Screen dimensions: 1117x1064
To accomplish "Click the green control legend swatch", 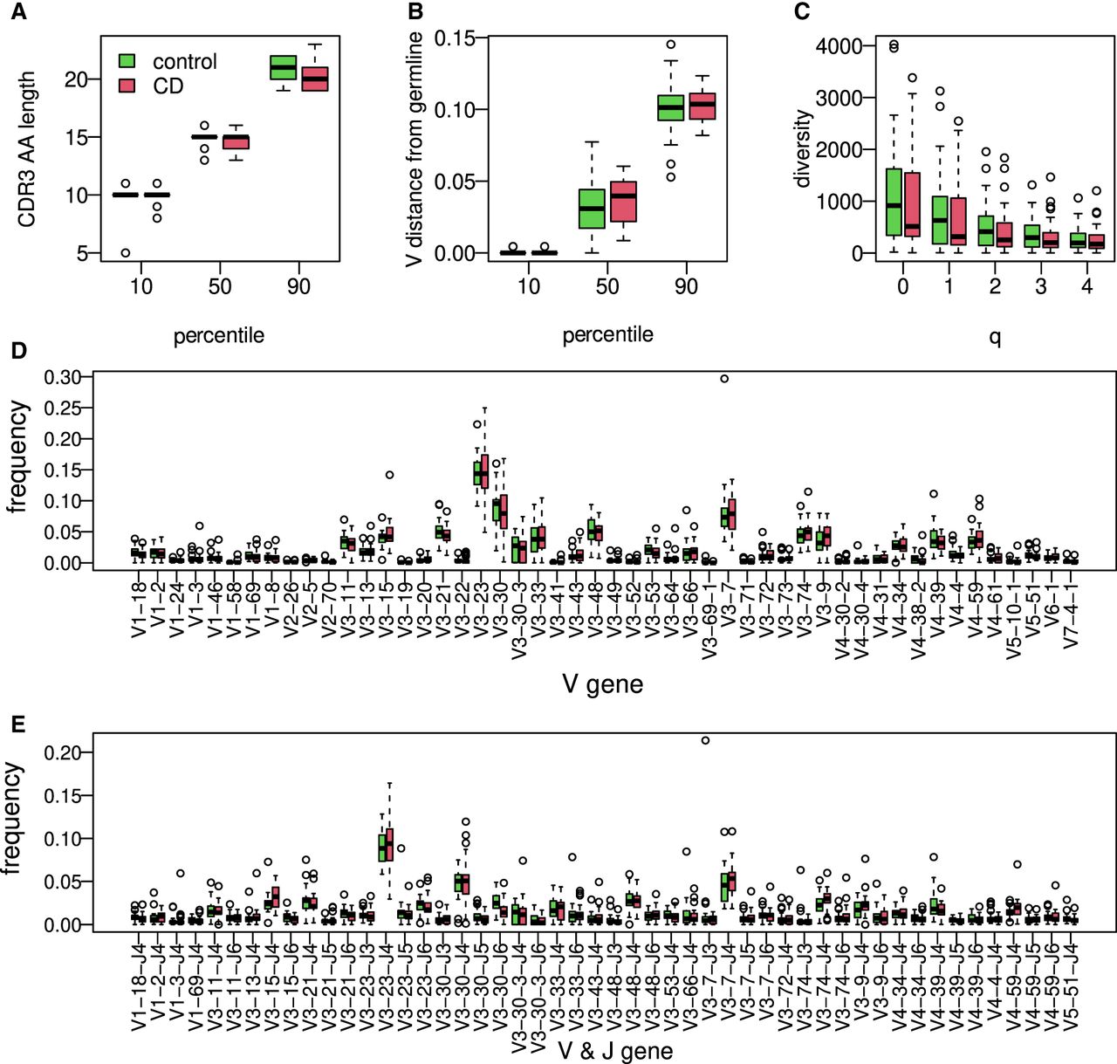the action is coord(127,61).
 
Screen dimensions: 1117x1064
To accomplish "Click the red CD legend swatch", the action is coord(127,86).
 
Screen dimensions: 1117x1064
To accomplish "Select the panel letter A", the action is coord(18,12).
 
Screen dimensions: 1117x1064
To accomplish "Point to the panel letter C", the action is coord(802,12).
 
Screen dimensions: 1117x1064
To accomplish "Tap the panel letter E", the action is coord(18,725).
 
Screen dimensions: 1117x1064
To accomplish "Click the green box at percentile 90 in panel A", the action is coord(283,67).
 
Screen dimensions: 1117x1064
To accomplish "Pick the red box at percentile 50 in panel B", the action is coord(623,202).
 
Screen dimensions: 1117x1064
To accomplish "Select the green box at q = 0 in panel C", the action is coord(894,202).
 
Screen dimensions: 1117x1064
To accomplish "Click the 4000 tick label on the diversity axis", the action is coord(838,45).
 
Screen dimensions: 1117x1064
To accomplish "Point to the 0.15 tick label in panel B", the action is coord(456,38).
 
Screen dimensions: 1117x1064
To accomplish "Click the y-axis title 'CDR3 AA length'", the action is coord(26,149).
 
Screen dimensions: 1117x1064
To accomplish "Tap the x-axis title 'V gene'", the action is coord(603,683).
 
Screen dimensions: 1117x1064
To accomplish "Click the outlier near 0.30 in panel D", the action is coord(724,379).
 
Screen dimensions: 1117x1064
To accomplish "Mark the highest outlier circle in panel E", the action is coord(705,740).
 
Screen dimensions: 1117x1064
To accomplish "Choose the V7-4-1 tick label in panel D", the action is coord(1071,614).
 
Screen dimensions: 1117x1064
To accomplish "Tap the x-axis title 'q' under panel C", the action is coord(995,337).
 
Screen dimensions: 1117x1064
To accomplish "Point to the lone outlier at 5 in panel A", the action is coord(126,253).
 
